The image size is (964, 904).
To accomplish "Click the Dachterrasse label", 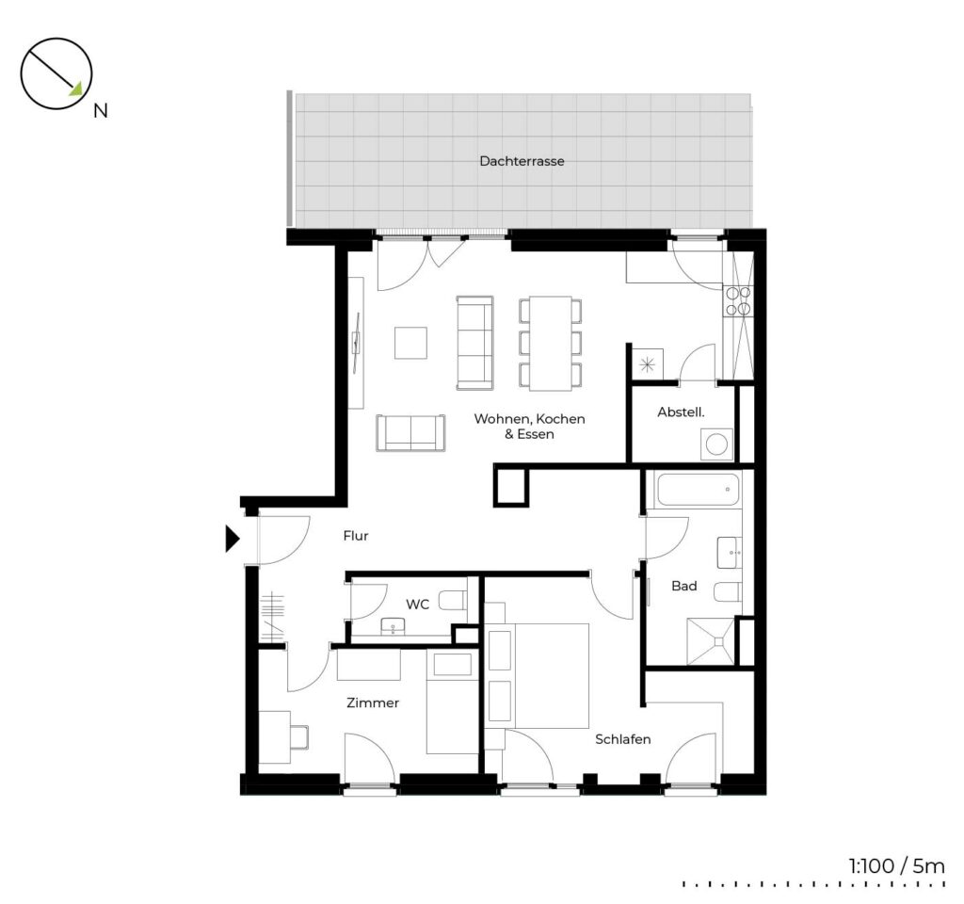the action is coord(522,161).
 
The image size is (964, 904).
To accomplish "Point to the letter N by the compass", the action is coord(100,111).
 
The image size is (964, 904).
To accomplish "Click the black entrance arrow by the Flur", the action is coord(232,539).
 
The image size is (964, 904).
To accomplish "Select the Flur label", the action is coord(355,536).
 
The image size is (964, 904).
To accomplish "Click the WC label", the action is coord(417,605).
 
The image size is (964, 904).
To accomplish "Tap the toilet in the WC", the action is coord(454,601).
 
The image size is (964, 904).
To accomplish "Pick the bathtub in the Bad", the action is coord(698,490).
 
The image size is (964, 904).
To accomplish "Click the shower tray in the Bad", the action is coord(711,640).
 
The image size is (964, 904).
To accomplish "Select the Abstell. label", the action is coord(681,412).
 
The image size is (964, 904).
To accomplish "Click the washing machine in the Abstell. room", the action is coord(716,444).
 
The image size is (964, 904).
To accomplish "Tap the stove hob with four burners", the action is coord(738,301).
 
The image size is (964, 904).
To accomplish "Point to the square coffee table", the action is coord(410,343).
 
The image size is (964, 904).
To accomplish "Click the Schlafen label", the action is coord(623,739).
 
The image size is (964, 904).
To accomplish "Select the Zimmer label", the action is coord(373,702).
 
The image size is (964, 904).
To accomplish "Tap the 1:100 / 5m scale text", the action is coord(896,866).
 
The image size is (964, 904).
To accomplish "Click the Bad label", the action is coord(683,586).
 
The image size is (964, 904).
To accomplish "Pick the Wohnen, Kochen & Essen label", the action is coord(529,427).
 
